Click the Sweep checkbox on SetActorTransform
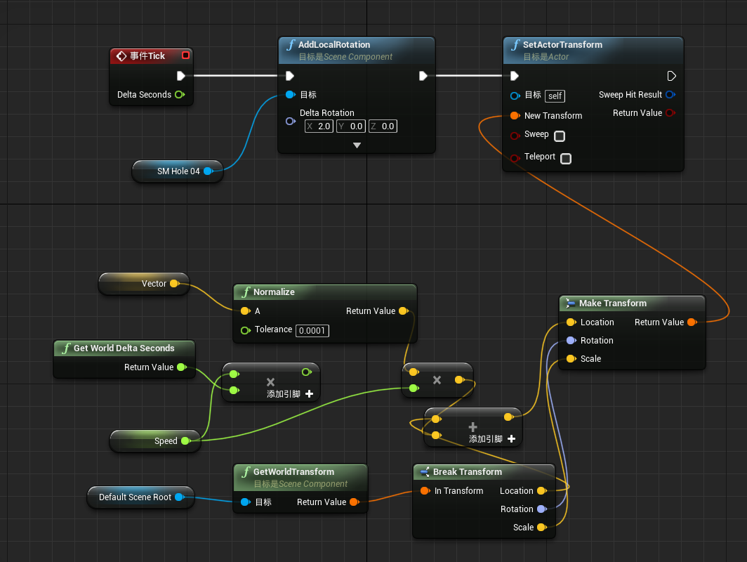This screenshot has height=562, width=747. tap(560, 136)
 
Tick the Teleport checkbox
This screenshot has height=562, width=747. tap(566, 158)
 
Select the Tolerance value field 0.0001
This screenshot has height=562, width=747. tap(312, 330)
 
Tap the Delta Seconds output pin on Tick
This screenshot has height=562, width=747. tap(179, 95)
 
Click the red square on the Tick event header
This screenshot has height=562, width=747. tap(185, 55)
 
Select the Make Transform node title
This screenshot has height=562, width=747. tap(612, 303)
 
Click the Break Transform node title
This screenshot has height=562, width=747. tap(467, 472)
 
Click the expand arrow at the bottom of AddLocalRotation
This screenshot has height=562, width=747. tap(357, 145)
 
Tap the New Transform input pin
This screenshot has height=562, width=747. tap(515, 115)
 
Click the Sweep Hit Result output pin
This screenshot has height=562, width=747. tap(670, 95)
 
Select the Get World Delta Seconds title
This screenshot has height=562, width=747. tap(124, 348)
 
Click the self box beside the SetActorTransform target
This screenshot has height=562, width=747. tap(555, 96)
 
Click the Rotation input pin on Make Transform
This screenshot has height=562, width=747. tap(571, 341)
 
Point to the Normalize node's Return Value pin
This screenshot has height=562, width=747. tap(403, 311)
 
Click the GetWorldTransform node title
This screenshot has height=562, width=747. tap(293, 472)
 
